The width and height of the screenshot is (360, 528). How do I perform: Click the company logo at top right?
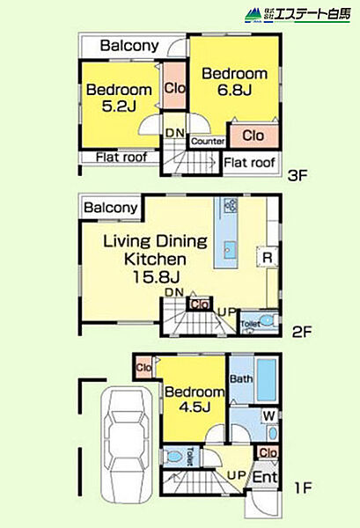click(x=298, y=15)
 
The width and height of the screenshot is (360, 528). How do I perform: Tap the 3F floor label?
click(x=298, y=175)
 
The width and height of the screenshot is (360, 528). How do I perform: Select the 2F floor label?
click(x=302, y=332)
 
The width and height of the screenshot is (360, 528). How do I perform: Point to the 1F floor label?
click(x=303, y=488)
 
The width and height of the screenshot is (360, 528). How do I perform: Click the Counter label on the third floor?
click(x=208, y=142)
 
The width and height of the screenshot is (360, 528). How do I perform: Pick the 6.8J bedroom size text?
click(x=235, y=90)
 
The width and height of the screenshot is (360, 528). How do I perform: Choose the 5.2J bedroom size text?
click(x=119, y=106)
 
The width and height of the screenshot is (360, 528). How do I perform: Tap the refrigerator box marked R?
click(x=268, y=258)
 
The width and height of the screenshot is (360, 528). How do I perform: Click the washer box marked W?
click(x=269, y=416)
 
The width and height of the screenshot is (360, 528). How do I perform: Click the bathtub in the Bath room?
click(x=267, y=380)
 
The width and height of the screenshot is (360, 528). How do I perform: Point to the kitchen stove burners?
click(x=231, y=205)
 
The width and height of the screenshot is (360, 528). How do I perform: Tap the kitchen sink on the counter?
click(x=230, y=250)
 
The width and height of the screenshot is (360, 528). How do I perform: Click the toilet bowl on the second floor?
click(x=267, y=320)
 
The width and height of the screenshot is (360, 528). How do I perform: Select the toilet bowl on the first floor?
click(x=173, y=457)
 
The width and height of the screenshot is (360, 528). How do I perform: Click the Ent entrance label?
click(x=265, y=477)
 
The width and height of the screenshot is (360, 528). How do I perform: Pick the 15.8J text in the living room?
click(x=157, y=277)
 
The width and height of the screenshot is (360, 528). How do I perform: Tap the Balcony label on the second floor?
click(x=111, y=208)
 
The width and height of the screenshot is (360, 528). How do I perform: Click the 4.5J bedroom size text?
click(x=195, y=407)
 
